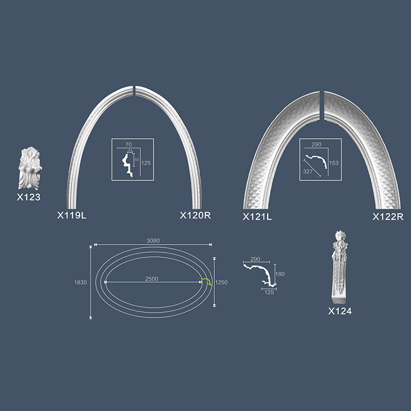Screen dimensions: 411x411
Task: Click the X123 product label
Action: pos(29,197)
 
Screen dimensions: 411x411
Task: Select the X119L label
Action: pos(71,215)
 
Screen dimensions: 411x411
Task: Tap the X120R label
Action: pos(195,215)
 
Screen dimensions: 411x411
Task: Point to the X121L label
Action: pos(257,217)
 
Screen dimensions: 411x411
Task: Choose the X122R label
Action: pos(388,217)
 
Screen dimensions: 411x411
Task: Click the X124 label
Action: pos(340,311)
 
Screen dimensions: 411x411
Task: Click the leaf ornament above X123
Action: pos(30,169)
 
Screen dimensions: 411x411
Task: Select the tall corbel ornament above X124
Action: pos(340,267)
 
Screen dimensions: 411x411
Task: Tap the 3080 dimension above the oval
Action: pos(153,240)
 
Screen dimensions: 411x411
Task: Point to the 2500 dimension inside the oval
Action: pos(152,279)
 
